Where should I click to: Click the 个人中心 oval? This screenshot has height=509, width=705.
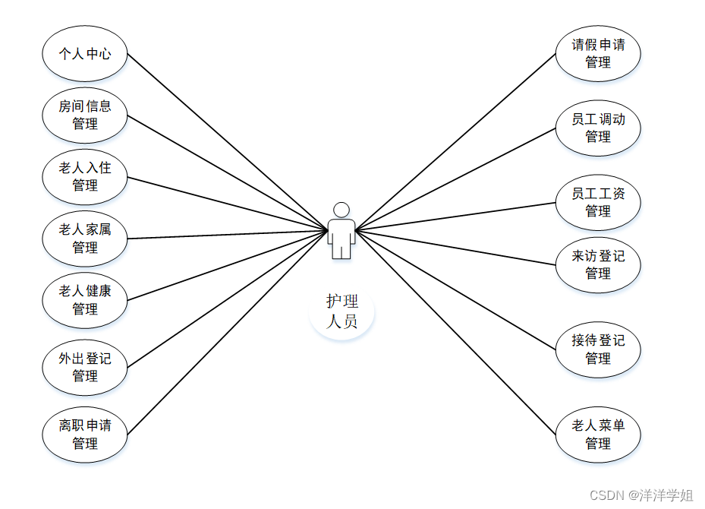coord(85,54)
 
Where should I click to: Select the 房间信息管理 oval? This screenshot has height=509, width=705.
coord(85,115)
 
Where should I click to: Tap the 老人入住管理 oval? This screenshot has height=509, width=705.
coord(85,177)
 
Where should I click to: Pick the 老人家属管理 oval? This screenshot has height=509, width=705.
coord(85,239)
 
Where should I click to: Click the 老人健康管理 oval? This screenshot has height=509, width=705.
coord(85,300)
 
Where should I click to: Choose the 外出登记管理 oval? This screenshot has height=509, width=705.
coord(85,367)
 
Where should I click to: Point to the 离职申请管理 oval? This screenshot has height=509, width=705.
coord(85,435)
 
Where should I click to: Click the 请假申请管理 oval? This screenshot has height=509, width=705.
coord(598,54)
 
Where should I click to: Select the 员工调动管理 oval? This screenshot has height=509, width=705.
coord(598,128)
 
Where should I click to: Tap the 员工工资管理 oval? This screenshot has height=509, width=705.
coord(598,202)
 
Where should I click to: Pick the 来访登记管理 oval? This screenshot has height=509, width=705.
coord(598,264)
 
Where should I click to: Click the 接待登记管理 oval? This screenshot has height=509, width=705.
coord(598,349)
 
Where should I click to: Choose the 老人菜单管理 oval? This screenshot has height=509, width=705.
coord(598,435)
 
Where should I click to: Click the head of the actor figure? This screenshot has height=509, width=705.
coord(341,210)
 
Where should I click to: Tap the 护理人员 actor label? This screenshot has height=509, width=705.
coord(342,311)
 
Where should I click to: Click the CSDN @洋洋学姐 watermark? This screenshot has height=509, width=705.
coord(641,495)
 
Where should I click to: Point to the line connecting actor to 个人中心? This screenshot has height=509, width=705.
coord(228,142)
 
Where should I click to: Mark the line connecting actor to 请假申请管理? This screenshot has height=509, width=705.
coord(455,141)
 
